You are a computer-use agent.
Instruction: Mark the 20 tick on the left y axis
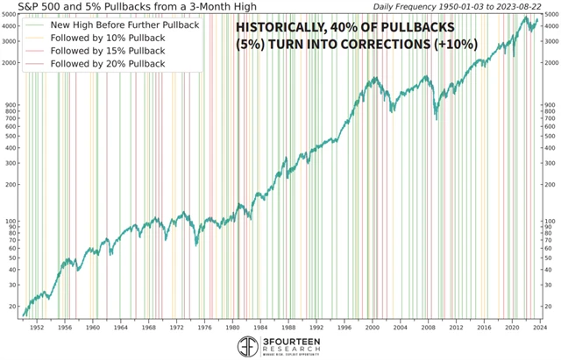(12, 307)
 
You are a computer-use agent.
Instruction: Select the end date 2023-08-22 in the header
(515, 7)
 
